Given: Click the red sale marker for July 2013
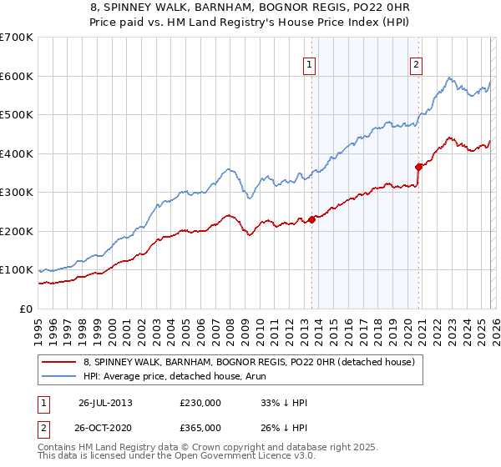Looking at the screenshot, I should tap(311, 219).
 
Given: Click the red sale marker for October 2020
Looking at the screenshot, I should tap(418, 167).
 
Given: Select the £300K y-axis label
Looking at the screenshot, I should tap(17, 193).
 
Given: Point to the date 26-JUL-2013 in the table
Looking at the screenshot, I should tap(105, 403).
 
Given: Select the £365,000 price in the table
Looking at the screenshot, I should tap(200, 427).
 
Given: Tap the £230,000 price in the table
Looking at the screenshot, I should tap(200, 403).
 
